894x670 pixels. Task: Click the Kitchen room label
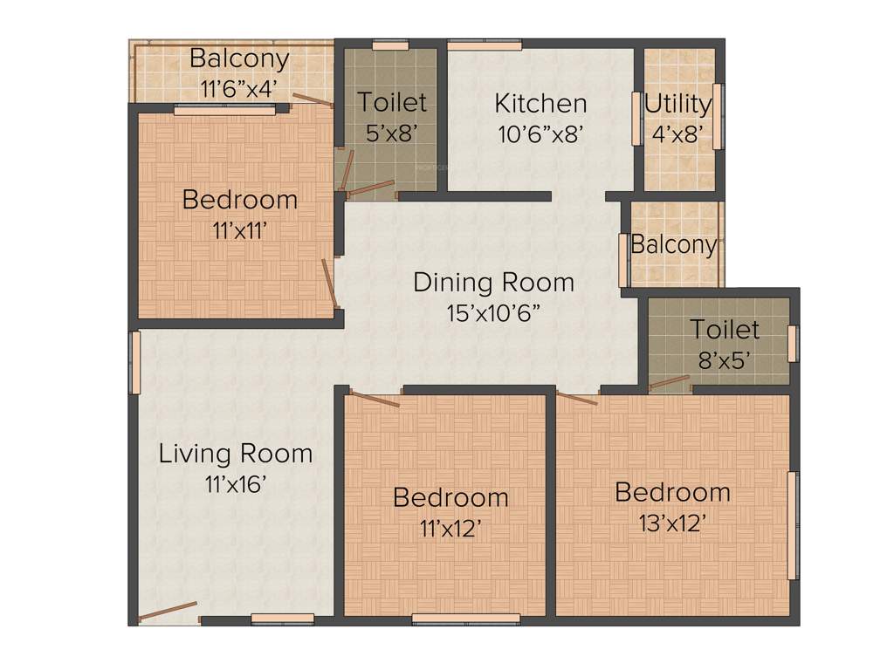[x=540, y=103]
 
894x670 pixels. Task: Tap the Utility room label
[x=677, y=104]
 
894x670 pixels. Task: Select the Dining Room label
[x=493, y=283]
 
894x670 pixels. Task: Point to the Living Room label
[x=235, y=454]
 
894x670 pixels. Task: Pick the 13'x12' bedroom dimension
[x=672, y=523]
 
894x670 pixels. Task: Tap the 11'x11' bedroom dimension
[x=239, y=230]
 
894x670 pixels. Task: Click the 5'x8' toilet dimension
[x=392, y=133]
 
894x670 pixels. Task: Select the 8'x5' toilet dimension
[x=725, y=360]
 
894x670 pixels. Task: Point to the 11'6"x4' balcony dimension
[x=239, y=89]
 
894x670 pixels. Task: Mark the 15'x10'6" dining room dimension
[x=493, y=313]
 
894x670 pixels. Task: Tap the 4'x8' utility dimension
[x=677, y=134]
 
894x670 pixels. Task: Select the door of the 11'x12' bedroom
[x=374, y=400]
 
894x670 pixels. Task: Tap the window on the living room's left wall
[x=135, y=362]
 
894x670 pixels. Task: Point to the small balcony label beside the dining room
[x=673, y=245]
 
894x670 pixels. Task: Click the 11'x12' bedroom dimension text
[x=450, y=528]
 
